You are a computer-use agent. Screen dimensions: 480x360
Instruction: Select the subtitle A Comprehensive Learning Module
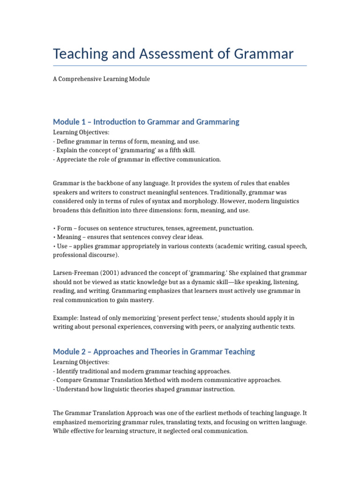point(101,79)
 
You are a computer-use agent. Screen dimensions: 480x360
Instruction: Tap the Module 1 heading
point(146,122)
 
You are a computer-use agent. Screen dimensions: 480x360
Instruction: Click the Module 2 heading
point(154,352)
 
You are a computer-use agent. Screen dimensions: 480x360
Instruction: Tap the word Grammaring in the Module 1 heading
point(217,122)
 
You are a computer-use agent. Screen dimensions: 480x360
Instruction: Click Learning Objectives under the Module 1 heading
point(81,133)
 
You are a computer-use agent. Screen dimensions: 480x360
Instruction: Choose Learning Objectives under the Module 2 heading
point(81,362)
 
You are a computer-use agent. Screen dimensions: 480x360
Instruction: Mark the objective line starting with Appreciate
point(137,159)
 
